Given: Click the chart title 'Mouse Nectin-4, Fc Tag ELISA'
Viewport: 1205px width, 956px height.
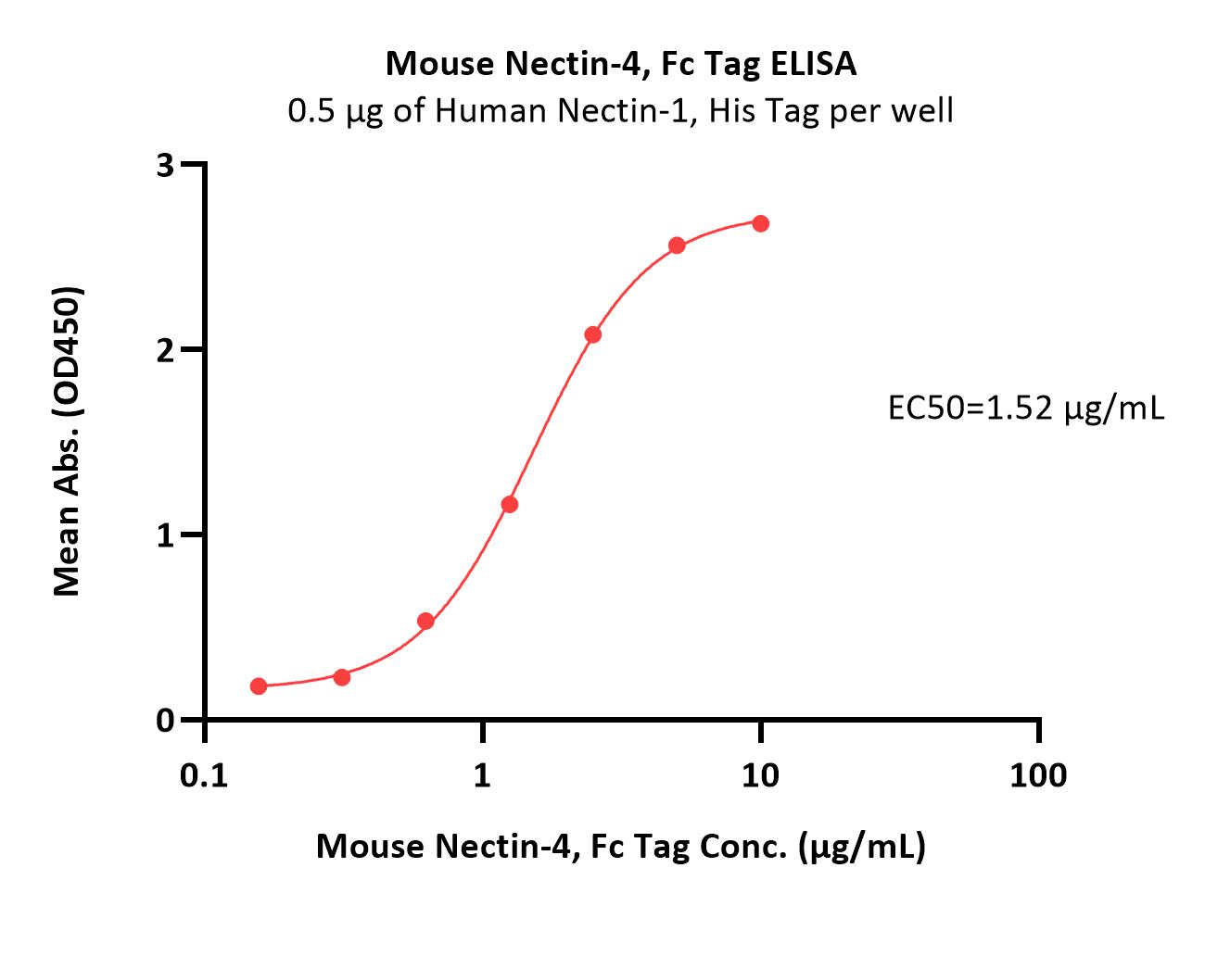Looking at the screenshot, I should tap(620, 64).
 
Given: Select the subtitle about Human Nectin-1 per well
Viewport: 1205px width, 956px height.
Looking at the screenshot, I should tap(620, 111).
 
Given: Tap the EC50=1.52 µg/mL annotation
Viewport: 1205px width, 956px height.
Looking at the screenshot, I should tap(1026, 409).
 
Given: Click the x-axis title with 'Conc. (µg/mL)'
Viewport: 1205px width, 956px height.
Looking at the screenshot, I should tap(620, 846).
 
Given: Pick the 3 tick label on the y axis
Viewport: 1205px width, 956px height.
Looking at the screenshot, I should tap(166, 165).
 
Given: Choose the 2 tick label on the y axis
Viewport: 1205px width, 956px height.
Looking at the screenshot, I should tap(166, 349).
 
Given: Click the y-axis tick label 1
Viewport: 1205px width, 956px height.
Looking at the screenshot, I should tap(166, 535).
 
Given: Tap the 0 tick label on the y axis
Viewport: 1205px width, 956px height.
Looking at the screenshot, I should tap(166, 720).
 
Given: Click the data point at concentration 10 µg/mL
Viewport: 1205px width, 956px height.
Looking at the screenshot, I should tap(760, 223).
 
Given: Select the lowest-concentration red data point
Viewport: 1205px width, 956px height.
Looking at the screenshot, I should tap(259, 686).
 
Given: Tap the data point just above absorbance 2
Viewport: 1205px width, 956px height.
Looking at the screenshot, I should tap(592, 334).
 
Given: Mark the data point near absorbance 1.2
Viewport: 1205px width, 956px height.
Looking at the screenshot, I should tap(509, 504).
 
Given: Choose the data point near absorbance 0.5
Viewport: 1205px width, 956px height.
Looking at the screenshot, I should tap(425, 621).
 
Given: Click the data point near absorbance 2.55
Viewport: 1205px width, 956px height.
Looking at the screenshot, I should tap(677, 245).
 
